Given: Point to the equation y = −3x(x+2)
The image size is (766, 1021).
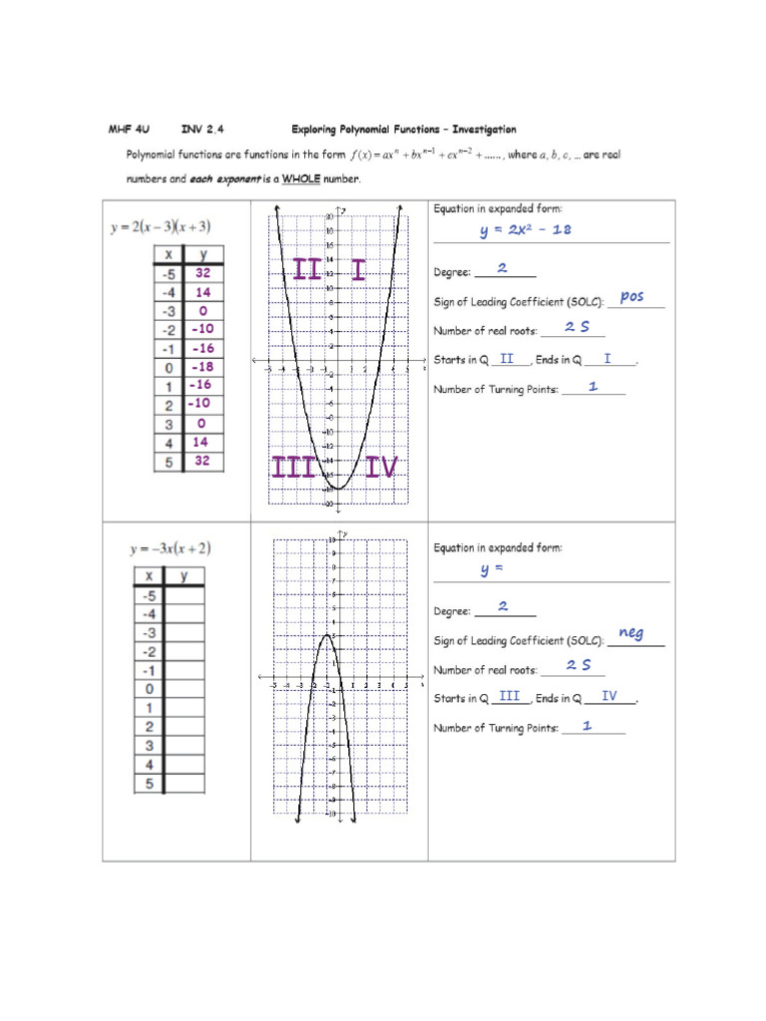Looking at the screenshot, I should [x=170, y=549].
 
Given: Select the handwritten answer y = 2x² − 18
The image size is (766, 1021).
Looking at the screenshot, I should [x=525, y=231].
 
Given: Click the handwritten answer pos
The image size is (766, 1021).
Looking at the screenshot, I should [x=631, y=296].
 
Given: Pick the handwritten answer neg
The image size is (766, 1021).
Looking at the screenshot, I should [x=630, y=633].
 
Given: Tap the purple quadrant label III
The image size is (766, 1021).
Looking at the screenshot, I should [x=292, y=468].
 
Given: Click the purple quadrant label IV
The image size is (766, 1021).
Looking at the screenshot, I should [x=381, y=468].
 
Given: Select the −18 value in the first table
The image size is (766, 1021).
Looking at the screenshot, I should [x=202, y=366].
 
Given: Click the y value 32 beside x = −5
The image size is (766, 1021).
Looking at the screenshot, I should [x=202, y=272].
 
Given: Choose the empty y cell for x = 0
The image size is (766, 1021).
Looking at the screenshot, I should [x=186, y=689].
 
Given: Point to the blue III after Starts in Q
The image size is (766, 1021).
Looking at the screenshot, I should [x=510, y=696].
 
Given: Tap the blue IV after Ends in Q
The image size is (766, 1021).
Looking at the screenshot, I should [x=608, y=696].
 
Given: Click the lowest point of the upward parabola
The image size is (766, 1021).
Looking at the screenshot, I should [x=338, y=489].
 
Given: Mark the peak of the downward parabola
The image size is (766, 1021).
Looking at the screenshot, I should [x=326, y=634].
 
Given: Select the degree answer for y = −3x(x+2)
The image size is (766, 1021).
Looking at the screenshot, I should [x=503, y=606].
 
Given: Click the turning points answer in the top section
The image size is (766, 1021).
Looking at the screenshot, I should [x=592, y=387].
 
